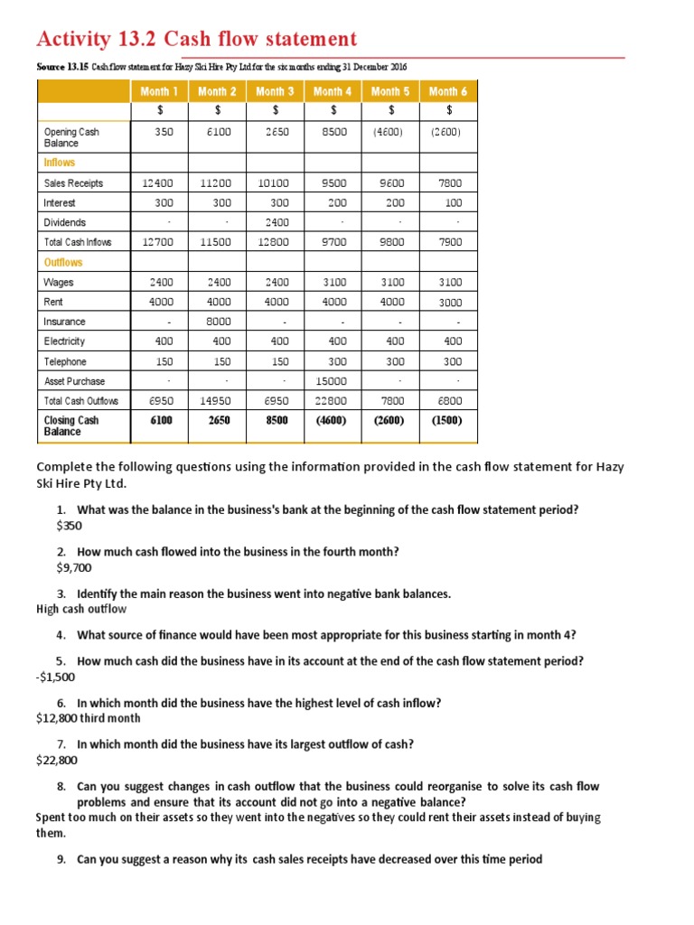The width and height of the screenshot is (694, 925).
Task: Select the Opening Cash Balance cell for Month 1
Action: [164, 132]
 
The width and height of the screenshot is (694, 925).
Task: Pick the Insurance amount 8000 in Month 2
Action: [220, 322]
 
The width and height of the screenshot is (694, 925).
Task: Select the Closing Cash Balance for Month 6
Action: [448, 421]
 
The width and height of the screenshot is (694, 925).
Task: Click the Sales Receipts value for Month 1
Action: [162, 183]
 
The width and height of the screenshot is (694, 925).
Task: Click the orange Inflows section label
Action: [60, 163]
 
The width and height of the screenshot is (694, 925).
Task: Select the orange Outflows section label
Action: [63, 262]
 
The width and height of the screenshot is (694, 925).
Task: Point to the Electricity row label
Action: [65, 341]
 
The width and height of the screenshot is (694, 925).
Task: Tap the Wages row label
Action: [59, 283]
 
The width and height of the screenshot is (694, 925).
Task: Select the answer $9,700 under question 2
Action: [73, 568]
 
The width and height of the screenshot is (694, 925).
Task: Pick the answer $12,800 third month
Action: [88, 719]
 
